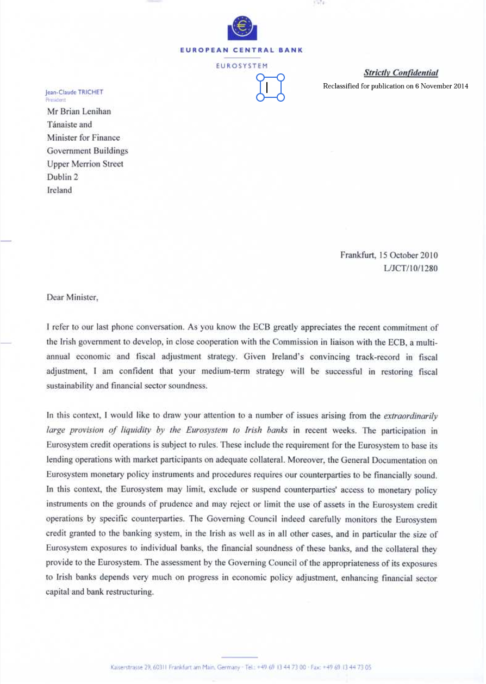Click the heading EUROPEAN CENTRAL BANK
pyautogui.click(x=241, y=50)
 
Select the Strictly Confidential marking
pyautogui.click(x=401, y=73)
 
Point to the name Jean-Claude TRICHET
pyautogui.click(x=74, y=92)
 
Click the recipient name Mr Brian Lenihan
pyautogui.click(x=79, y=111)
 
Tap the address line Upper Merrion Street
pyautogui.click(x=85, y=164)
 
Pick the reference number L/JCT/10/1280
pyautogui.click(x=410, y=268)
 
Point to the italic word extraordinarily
pyautogui.click(x=411, y=416)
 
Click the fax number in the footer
pyautogui.click(x=348, y=667)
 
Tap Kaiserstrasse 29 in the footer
pyautogui.click(x=130, y=667)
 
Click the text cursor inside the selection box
pyautogui.click(x=267, y=87)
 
